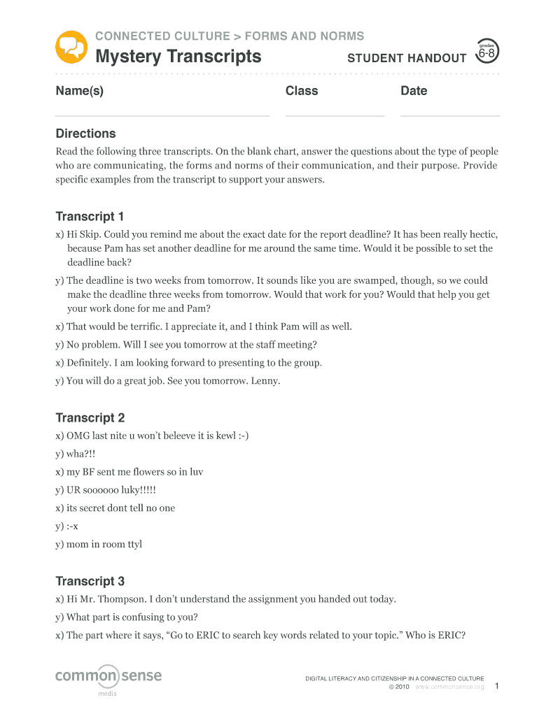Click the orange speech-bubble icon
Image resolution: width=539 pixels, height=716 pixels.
click(x=71, y=47)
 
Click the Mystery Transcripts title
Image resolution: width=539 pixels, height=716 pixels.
click(x=178, y=57)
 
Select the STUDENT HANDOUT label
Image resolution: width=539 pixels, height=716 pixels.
click(x=407, y=59)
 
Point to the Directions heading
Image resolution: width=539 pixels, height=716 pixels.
click(x=85, y=134)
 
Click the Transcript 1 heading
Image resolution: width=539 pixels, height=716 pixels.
click(x=90, y=216)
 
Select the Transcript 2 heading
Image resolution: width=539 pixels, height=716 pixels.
click(x=90, y=418)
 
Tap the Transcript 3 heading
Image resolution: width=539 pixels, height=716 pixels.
click(x=90, y=581)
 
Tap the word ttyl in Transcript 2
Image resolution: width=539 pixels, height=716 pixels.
click(x=132, y=545)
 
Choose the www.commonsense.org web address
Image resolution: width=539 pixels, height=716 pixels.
click(x=449, y=687)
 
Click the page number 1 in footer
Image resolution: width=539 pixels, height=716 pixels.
click(x=496, y=687)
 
